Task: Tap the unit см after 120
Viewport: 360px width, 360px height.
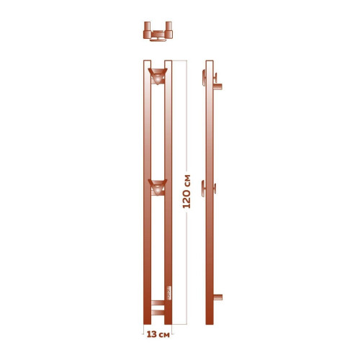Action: point(187,179)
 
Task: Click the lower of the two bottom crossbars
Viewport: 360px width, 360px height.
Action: point(156,312)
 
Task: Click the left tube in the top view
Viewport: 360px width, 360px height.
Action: point(148,32)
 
